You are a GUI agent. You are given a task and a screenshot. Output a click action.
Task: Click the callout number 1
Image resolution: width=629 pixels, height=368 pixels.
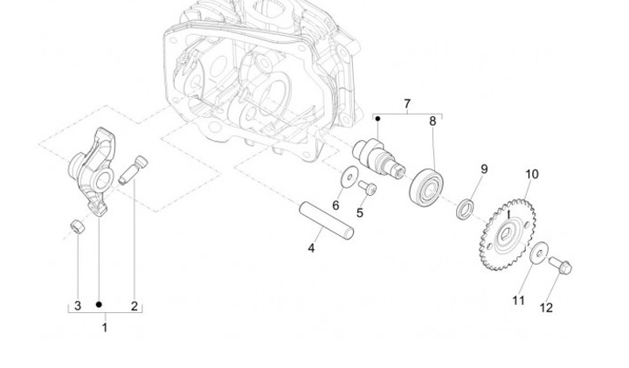click(105, 328)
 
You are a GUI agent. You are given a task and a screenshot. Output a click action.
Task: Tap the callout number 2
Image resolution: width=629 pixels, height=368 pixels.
click(135, 306)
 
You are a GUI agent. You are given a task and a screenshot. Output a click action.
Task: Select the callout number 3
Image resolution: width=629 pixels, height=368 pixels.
click(77, 306)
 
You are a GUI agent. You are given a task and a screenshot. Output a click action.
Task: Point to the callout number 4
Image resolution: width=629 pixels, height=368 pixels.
click(311, 248)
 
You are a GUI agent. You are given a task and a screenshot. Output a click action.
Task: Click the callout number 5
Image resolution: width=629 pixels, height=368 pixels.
click(360, 212)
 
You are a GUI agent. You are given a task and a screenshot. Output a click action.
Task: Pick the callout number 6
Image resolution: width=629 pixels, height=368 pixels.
click(335, 205)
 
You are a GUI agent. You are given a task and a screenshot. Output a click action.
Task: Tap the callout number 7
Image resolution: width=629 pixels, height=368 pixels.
click(407, 105)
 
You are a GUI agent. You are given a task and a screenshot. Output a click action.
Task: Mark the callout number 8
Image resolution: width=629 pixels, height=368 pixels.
click(432, 122)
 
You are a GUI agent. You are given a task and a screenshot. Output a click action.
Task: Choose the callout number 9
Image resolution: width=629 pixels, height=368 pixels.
click(484, 170)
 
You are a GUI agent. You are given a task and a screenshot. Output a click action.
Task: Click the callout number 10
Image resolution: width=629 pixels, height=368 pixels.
click(532, 175)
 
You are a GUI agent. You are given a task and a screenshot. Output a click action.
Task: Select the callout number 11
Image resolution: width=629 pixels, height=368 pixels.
click(519, 300)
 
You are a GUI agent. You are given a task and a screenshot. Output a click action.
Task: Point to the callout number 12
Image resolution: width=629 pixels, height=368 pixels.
click(546, 308)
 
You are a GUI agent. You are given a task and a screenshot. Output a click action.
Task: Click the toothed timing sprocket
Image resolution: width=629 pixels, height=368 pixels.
click(508, 232)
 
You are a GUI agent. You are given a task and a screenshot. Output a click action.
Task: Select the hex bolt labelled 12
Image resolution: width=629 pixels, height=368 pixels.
click(559, 262)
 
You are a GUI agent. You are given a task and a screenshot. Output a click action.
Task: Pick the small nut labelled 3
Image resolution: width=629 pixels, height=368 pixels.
click(77, 227)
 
